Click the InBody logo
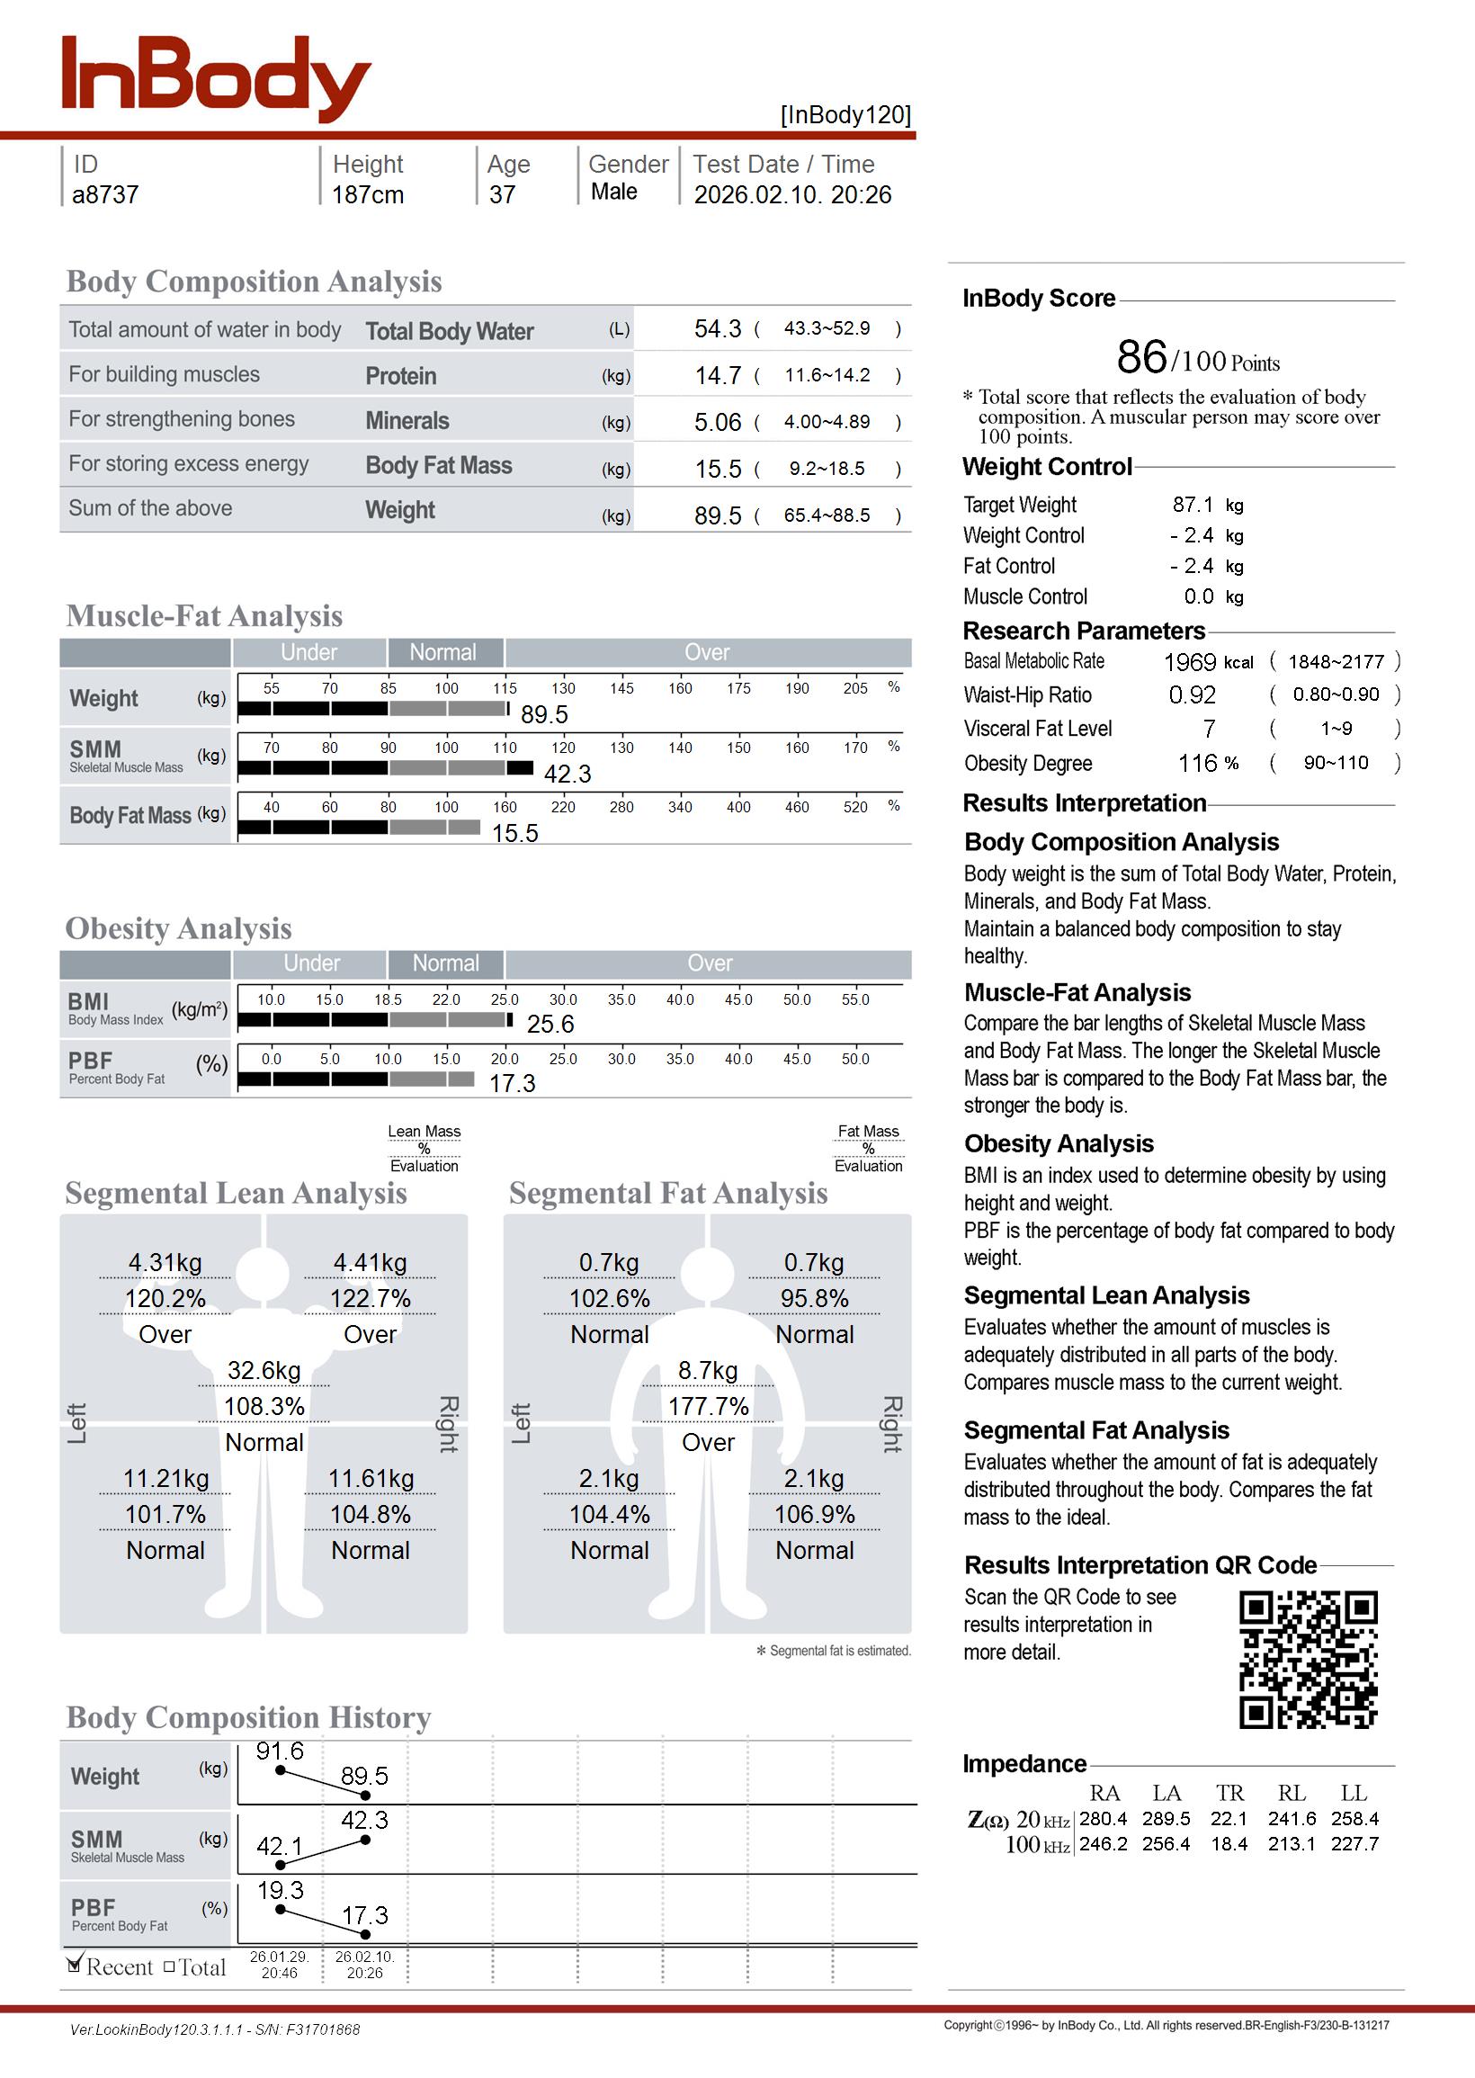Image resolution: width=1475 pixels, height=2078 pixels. (x=215, y=78)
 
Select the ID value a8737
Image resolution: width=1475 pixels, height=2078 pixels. (x=105, y=194)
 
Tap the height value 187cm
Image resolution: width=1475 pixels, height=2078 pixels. (x=367, y=194)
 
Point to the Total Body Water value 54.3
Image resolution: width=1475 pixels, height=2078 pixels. (x=718, y=328)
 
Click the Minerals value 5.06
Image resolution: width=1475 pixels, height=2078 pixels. (x=718, y=422)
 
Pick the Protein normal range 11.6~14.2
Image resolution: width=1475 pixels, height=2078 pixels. (x=827, y=375)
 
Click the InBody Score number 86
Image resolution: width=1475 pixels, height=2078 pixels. (x=1140, y=357)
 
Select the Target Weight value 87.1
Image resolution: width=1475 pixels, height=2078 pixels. (x=1192, y=504)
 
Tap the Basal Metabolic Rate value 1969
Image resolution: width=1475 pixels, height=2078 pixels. (x=1189, y=662)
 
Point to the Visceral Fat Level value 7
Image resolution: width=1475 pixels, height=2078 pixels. (x=1208, y=729)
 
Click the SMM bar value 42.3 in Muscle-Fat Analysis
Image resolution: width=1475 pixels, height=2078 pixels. (x=567, y=774)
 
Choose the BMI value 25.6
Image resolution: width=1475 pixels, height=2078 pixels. (x=550, y=1025)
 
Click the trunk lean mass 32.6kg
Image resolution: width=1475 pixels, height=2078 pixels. (x=264, y=1369)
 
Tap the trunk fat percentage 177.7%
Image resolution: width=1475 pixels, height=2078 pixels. (x=709, y=1406)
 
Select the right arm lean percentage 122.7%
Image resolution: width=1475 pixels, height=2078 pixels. (x=370, y=1299)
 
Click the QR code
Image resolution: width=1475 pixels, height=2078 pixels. (x=1308, y=1660)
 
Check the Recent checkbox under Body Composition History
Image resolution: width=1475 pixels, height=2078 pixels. (x=76, y=1966)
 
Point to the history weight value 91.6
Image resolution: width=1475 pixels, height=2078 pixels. (x=280, y=1751)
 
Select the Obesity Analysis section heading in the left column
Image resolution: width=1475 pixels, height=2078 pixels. (x=178, y=928)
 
